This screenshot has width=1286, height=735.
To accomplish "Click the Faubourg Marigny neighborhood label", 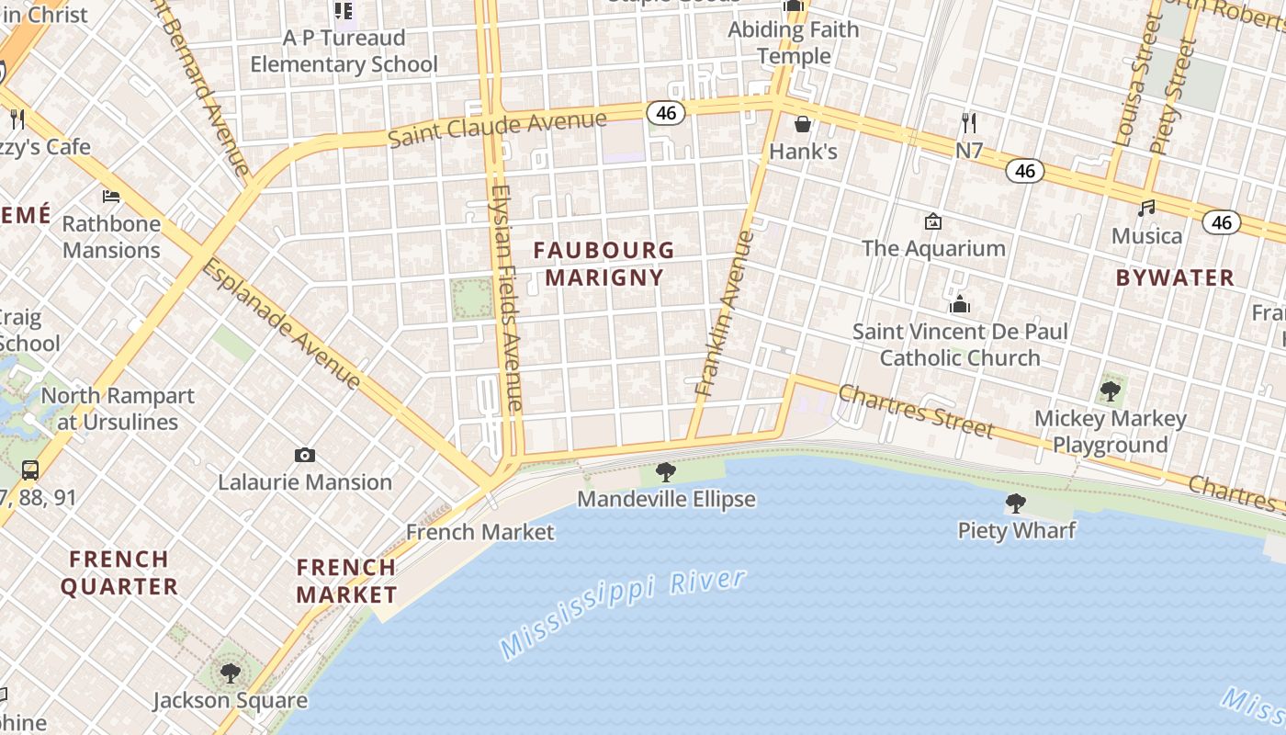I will click(x=604, y=264).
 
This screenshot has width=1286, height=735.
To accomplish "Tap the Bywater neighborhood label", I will click(x=1175, y=277).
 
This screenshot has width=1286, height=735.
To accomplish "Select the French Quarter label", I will click(x=119, y=572).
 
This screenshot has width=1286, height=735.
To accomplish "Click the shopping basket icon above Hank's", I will click(x=803, y=124).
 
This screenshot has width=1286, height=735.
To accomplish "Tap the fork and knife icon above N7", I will click(x=969, y=122).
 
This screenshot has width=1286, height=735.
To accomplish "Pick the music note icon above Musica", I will click(x=1146, y=209).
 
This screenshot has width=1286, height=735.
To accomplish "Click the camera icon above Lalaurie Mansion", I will click(x=305, y=455).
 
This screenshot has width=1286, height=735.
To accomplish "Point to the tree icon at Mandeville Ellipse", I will click(x=666, y=472).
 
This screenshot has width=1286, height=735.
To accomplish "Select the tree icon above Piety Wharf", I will click(x=1016, y=503).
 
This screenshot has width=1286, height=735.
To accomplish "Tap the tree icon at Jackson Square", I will click(x=230, y=673).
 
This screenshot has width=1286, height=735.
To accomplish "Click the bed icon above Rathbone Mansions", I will click(x=111, y=197).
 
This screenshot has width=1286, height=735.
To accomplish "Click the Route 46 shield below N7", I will click(x=1024, y=171).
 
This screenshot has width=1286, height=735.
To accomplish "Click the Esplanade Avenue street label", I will click(x=281, y=322).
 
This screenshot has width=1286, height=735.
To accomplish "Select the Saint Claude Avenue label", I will click(x=497, y=129).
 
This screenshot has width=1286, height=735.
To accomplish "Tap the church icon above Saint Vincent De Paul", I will click(x=960, y=304).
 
